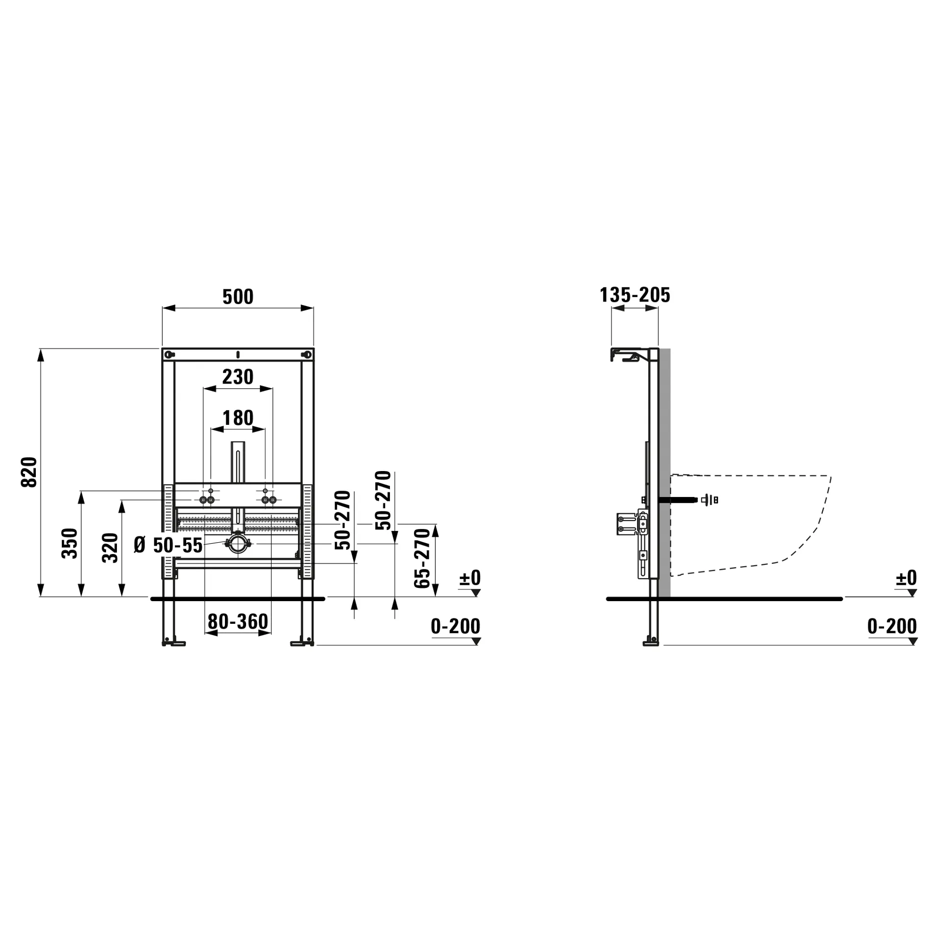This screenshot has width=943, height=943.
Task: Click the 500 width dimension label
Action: pyautogui.click(x=238, y=297)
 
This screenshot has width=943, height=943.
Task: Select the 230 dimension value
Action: pyautogui.click(x=238, y=377)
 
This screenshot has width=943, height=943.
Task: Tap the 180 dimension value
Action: pyautogui.click(x=238, y=418)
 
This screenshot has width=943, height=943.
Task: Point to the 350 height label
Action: pyautogui.click(x=70, y=543)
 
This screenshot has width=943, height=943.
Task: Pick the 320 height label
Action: pyautogui.click(x=111, y=547)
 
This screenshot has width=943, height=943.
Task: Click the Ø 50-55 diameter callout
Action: pyautogui.click(x=168, y=545)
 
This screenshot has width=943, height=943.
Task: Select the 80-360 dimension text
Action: pyautogui.click(x=238, y=621)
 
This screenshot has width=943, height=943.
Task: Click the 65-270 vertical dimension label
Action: pyautogui.click(x=422, y=558)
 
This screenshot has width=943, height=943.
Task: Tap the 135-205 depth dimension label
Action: pyautogui.click(x=635, y=295)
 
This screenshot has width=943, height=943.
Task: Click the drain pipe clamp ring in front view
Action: pyautogui.click(x=238, y=544)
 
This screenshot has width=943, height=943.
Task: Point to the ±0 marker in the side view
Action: pyautogui.click(x=906, y=578)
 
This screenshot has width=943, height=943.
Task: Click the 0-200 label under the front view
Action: pyautogui.click(x=455, y=626)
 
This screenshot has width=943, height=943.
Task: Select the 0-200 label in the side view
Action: pyautogui.click(x=892, y=626)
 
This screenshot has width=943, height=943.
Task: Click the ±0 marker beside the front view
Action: pyautogui.click(x=470, y=578)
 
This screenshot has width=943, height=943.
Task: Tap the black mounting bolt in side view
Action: pyautogui.click(x=678, y=500)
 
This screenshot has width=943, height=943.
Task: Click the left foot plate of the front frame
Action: pyautogui.click(x=174, y=643)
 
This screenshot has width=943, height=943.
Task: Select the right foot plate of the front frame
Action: pyautogui.click(x=302, y=643)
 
